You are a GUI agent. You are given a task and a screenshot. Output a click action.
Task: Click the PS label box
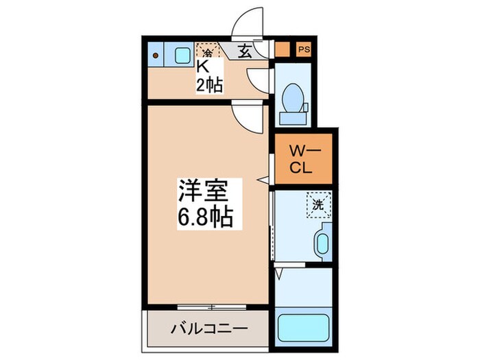coord(303,49)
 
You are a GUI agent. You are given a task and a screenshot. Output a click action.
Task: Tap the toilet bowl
coord(293,95)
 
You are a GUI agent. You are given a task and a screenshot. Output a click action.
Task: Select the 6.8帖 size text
coord(205,217)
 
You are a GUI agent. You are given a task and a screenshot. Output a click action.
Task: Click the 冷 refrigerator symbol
coord(206,50)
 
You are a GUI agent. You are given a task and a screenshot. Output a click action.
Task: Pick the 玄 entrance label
coord(245,50)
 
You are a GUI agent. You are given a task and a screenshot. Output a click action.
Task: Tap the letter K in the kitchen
coord(203,67)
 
